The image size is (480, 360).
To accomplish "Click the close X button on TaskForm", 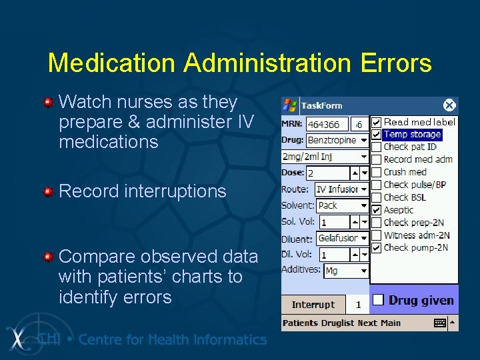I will tap(449, 105).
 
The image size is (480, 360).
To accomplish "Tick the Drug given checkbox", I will tap(377, 300).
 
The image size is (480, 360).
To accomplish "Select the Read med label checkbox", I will tap(377, 122).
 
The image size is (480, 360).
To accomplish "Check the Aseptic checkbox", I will tap(377, 210).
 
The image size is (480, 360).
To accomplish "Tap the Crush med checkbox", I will tap(377, 172).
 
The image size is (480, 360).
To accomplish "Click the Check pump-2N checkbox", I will tap(377, 248).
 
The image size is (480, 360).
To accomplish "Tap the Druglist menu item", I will tap(338, 323).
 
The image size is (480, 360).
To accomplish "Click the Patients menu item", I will tap(300, 323).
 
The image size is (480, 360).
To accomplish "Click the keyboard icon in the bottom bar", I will tap(440, 323).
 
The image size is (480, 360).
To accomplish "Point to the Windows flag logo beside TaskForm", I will tap(290, 105).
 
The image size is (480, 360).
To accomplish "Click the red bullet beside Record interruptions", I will tap(48, 192).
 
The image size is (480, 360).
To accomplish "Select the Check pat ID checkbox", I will tap(377, 147).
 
